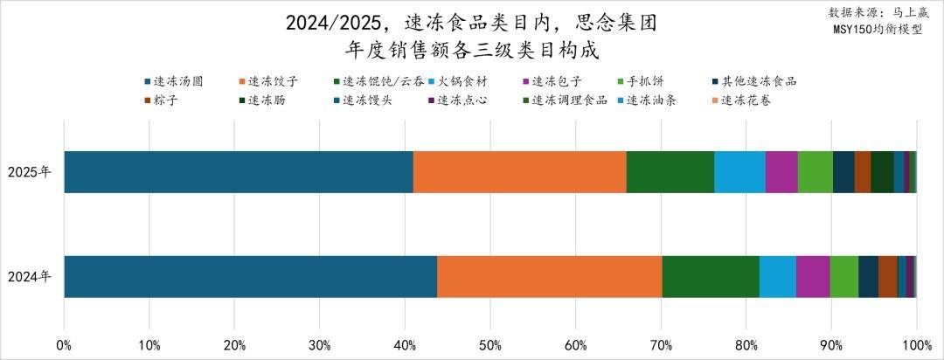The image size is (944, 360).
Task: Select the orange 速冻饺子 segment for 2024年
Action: [x=549, y=276]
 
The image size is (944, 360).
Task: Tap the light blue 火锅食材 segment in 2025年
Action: [x=739, y=171]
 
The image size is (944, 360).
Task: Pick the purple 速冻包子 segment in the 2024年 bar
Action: [x=812, y=276]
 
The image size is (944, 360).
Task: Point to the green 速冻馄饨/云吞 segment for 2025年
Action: [x=670, y=171]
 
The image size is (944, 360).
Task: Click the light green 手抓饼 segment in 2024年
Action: [x=843, y=276]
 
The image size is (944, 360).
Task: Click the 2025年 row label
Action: [x=30, y=171]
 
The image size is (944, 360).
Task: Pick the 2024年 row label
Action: [x=30, y=276]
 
